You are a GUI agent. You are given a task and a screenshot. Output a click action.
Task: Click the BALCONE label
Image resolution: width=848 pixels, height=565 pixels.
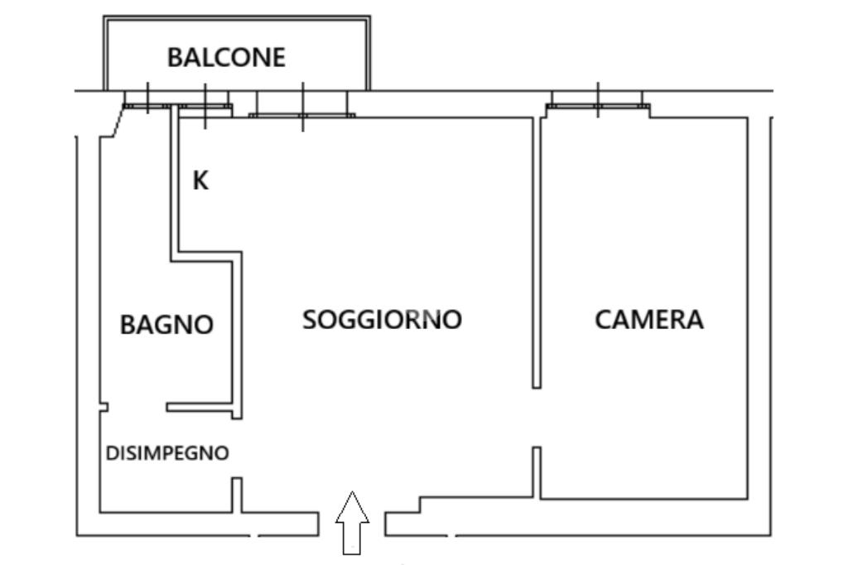pyautogui.click(x=226, y=57)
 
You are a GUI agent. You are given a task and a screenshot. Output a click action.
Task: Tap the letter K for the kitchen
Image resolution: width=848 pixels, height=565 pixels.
pyautogui.click(x=200, y=181)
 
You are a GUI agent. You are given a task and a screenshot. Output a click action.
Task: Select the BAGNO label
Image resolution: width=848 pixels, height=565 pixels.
pyautogui.click(x=166, y=324)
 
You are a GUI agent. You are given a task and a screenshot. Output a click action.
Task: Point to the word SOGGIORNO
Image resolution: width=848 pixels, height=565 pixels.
pyautogui.click(x=382, y=319)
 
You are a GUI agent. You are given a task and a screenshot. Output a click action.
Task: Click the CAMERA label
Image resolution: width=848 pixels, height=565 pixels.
pyautogui.click(x=649, y=319)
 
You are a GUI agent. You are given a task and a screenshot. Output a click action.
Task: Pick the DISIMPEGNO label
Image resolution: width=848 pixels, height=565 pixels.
pyautogui.click(x=167, y=453)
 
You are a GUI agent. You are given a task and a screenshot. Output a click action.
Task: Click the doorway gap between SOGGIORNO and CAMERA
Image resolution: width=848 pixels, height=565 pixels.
pyautogui.click(x=537, y=417)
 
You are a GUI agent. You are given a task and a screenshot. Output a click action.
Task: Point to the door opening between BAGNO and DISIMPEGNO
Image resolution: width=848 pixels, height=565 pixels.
pyautogui.click(x=137, y=407)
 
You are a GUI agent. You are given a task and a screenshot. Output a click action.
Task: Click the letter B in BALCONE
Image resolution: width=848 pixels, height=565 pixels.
pyautogui.click(x=175, y=57)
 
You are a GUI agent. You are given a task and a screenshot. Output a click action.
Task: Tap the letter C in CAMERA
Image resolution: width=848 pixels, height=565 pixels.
pyautogui.click(x=604, y=319)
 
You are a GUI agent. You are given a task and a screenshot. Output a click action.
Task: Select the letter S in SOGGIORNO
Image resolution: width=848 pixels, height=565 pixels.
pyautogui.click(x=310, y=319)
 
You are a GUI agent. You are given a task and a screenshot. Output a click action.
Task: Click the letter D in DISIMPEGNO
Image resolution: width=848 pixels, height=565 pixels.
pyautogui.click(x=111, y=453)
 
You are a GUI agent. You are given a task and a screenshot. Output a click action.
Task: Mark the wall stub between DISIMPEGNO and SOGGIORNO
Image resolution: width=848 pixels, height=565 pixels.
pyautogui.click(x=237, y=495)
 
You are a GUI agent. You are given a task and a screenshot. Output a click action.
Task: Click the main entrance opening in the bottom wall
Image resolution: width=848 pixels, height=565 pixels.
pyautogui.click(x=352, y=524)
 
